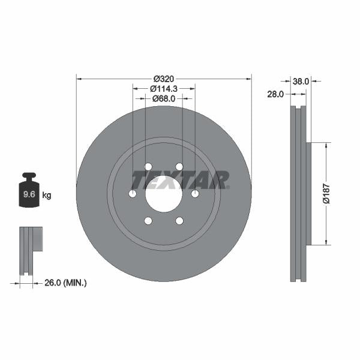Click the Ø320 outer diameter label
click(x=163, y=79)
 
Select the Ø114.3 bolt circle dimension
click(x=163, y=89)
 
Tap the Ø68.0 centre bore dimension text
click(x=163, y=98)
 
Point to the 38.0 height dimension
click(x=301, y=80)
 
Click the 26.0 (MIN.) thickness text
click(x=65, y=282)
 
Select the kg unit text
click(x=47, y=195)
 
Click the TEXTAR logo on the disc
click(x=180, y=180)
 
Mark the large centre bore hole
click(x=163, y=193)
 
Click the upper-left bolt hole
click(x=148, y=167)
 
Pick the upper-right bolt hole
click(x=179, y=167)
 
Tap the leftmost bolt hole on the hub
click(x=133, y=194)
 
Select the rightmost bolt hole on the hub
click(x=194, y=194)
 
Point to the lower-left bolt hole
click(x=148, y=221)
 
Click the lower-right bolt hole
click(x=179, y=221)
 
